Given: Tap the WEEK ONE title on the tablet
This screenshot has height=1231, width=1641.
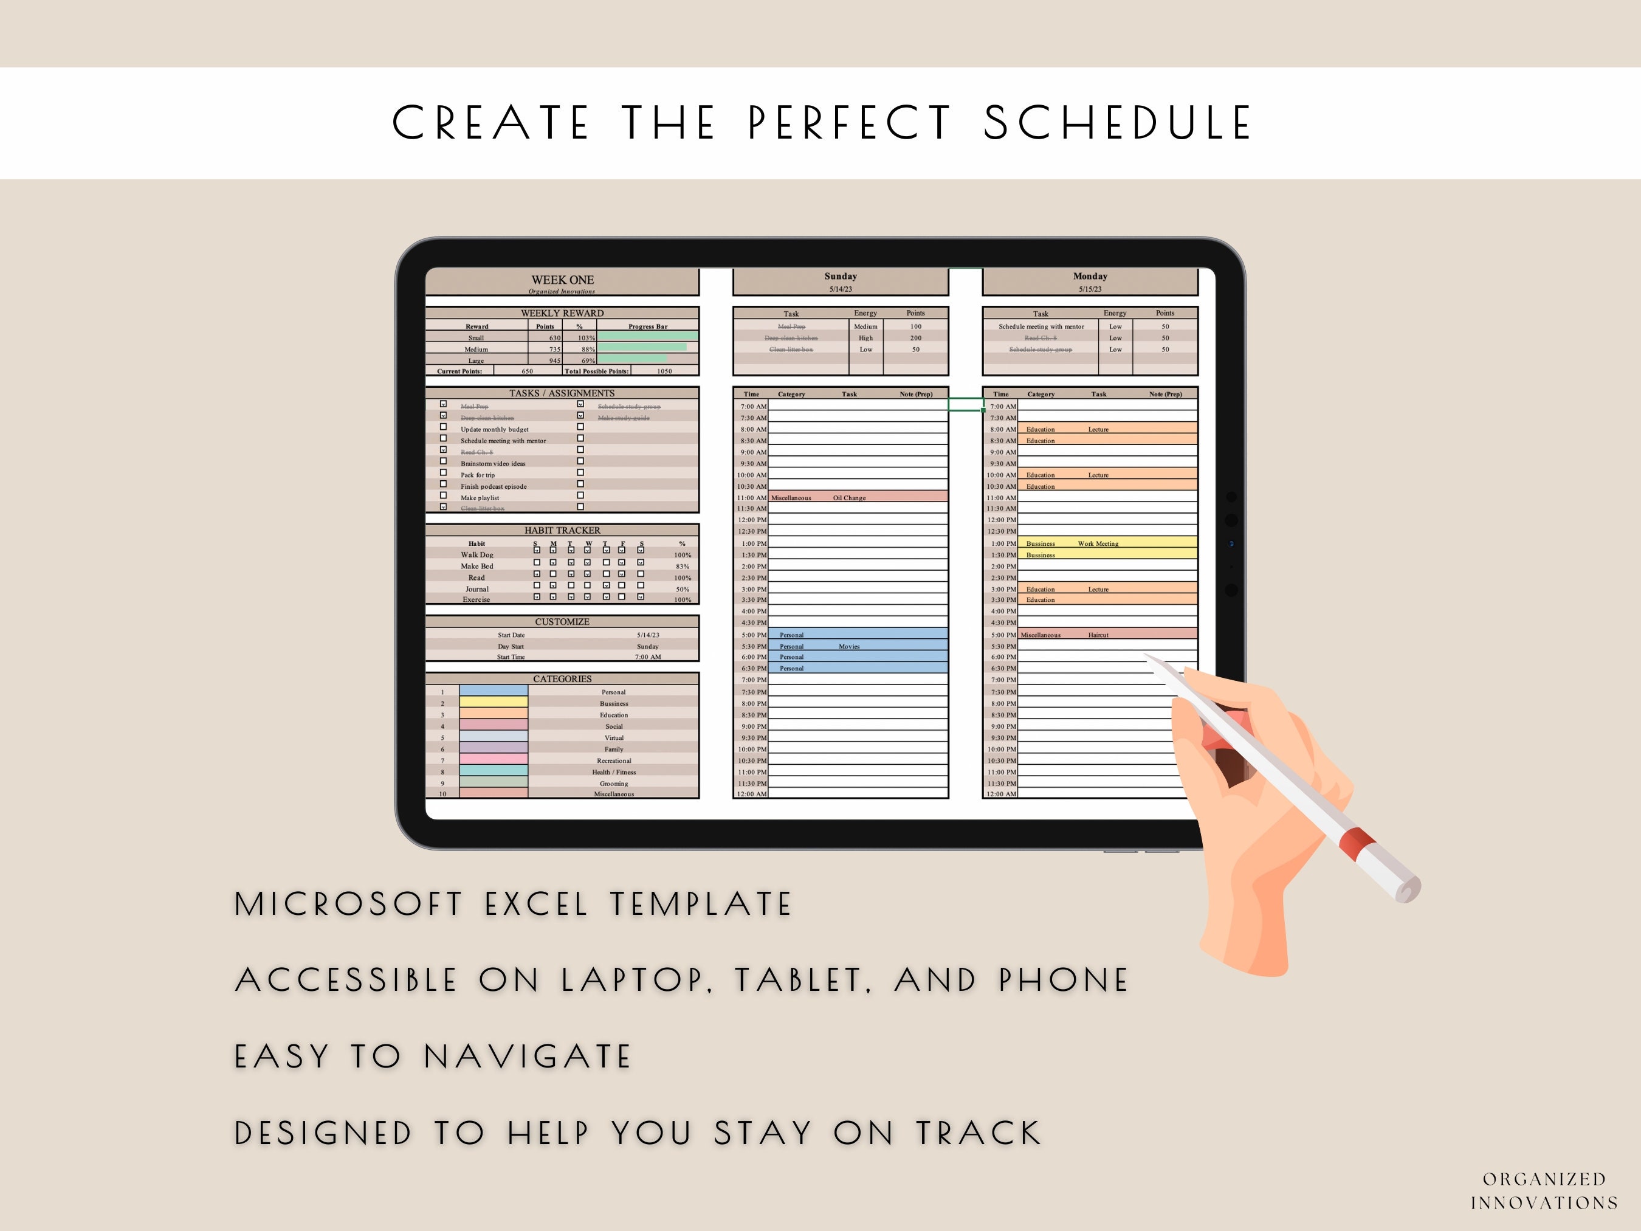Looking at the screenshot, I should point(562,280).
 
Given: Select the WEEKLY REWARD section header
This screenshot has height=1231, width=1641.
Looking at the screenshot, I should point(562,313).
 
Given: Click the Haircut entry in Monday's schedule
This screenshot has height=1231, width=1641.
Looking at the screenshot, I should point(1098,635).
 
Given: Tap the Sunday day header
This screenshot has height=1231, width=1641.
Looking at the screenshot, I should point(841,277).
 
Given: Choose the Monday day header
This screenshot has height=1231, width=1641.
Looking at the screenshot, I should point(1090,277).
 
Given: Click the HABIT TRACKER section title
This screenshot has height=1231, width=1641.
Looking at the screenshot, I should point(562,531).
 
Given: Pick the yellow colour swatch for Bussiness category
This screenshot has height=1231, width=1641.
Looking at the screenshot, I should point(494,703).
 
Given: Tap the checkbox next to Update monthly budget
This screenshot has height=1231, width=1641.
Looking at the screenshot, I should point(444,427).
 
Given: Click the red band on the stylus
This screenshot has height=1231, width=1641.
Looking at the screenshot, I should point(1357,841).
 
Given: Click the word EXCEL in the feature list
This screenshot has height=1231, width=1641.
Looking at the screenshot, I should point(537,905).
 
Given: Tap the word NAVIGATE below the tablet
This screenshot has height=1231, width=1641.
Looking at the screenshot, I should point(528,1057).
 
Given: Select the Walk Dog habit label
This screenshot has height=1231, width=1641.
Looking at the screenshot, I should point(477,555).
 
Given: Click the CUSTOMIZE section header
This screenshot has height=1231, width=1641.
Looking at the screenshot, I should point(562,622).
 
